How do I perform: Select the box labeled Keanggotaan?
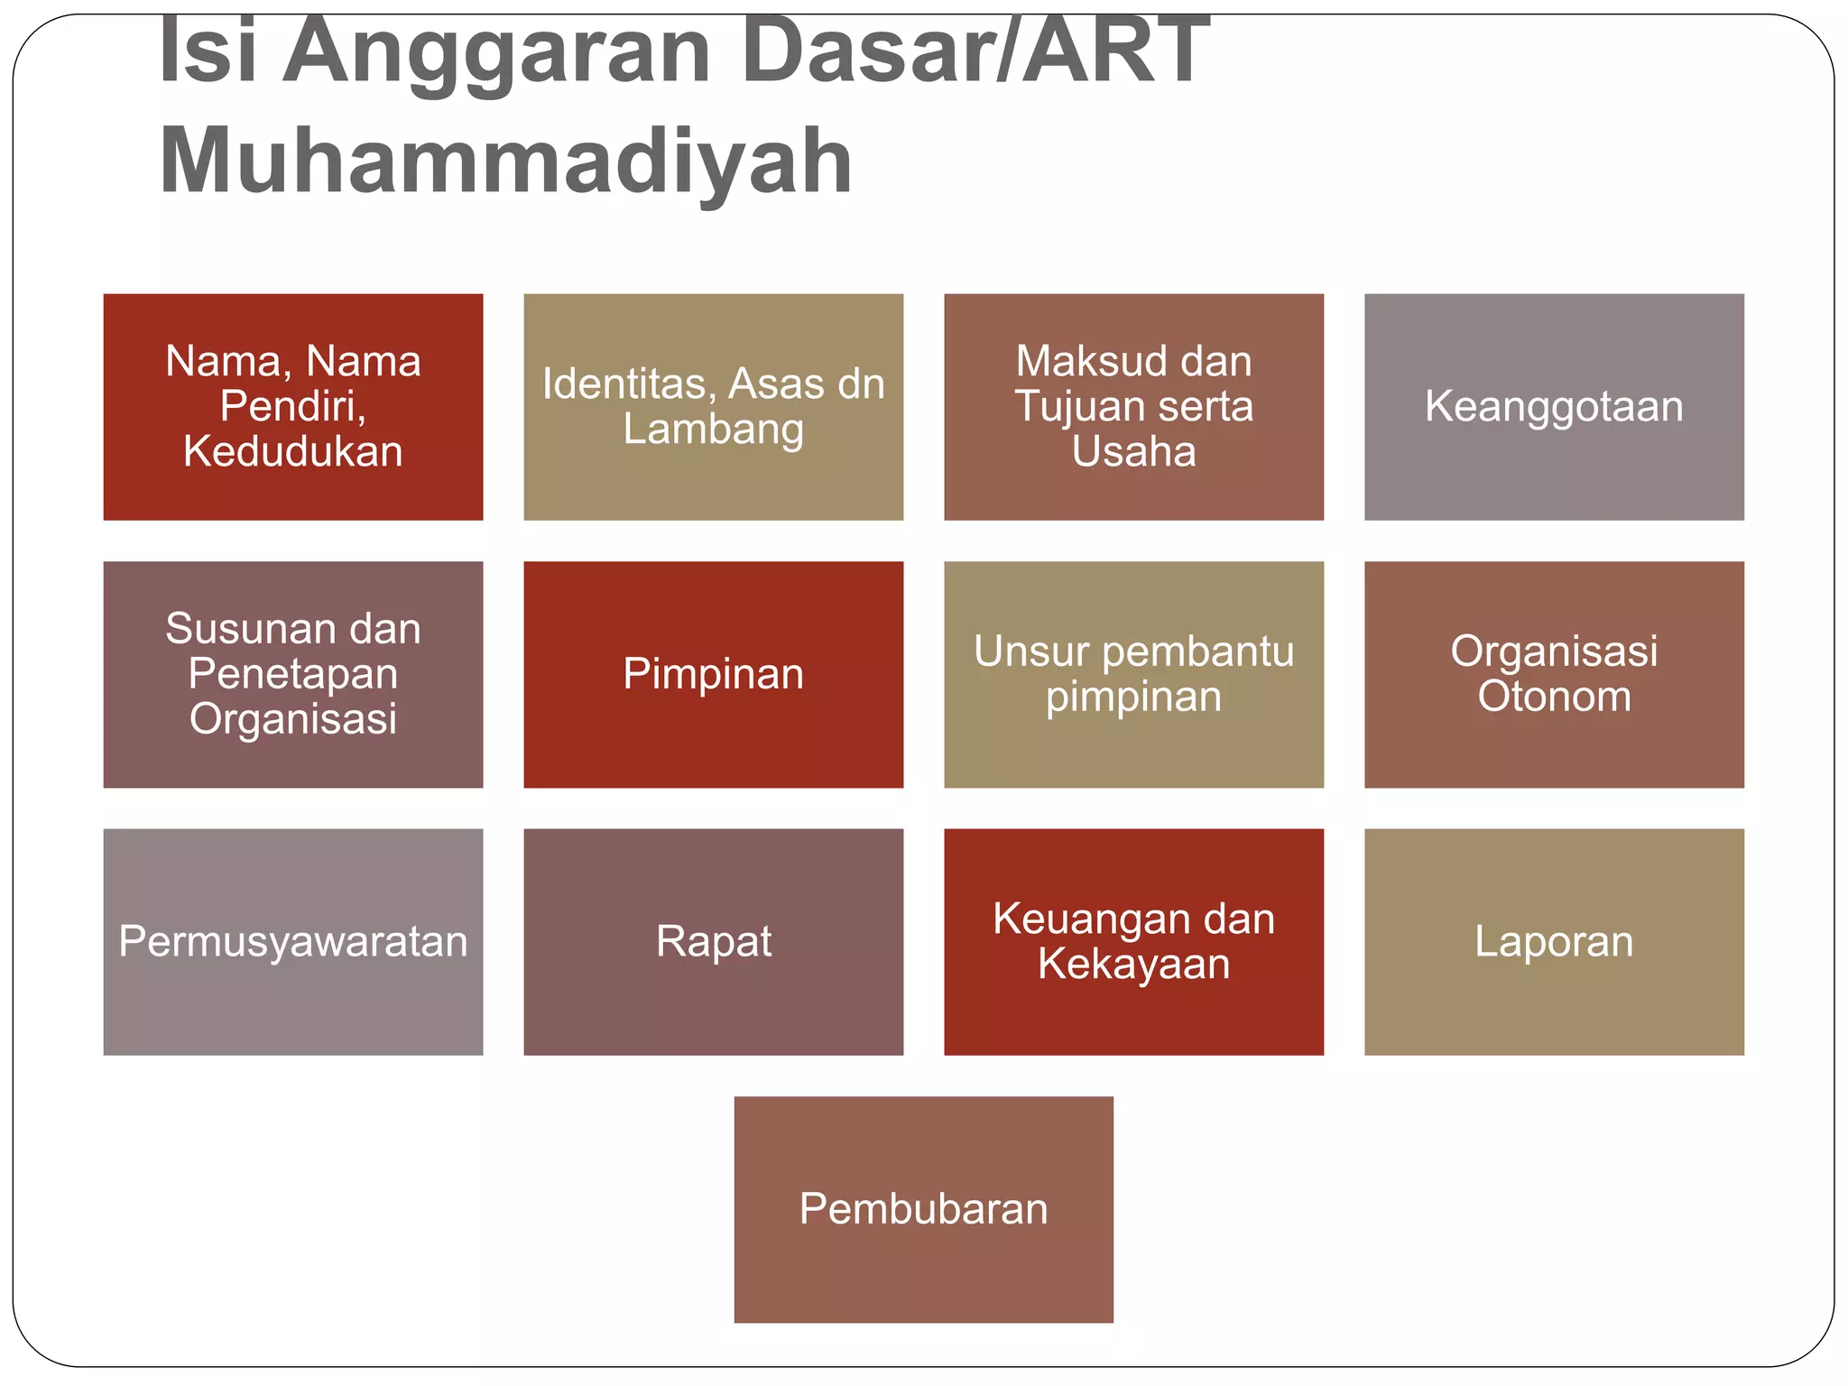click(1554, 407)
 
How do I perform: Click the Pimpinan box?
click(713, 675)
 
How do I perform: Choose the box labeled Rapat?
click(713, 942)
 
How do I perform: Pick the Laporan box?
click(1554, 942)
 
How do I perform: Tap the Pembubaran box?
click(923, 1209)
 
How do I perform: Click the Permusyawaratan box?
click(293, 942)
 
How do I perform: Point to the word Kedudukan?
click(293, 451)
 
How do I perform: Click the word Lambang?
click(713, 429)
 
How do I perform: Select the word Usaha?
click(1133, 451)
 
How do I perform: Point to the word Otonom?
click(1554, 697)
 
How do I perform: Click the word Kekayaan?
click(1133, 964)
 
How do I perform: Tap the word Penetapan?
click(293, 674)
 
